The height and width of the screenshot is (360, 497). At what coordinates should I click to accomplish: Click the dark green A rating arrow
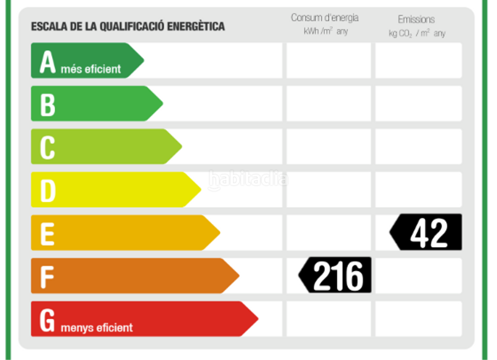coord(87,61)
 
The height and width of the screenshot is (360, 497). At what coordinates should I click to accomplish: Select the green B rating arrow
coord(96,104)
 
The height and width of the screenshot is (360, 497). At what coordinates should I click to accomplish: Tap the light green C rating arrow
coord(106,146)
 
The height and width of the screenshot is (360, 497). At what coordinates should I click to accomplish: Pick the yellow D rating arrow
coord(115,189)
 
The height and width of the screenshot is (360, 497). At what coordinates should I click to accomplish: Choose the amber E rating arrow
coord(124,233)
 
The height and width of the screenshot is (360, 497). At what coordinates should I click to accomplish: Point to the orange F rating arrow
coord(134,276)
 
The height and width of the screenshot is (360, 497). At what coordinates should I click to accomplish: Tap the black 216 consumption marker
coord(336,275)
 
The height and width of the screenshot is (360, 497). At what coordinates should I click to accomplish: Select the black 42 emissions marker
coord(427,232)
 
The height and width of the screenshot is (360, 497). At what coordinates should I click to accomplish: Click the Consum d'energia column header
coord(324,18)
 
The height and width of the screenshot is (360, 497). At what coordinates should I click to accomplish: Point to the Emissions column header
coord(416,19)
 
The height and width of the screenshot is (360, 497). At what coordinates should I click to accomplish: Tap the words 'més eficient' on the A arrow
coord(91,69)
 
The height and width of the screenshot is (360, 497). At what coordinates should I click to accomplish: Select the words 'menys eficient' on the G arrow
coord(96,327)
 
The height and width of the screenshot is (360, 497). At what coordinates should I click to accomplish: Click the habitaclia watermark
coord(248,179)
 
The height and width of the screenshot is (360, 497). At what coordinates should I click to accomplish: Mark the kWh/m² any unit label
coord(326,32)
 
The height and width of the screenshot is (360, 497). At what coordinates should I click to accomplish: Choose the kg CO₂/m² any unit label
coord(417,33)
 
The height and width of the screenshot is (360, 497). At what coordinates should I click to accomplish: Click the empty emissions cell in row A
coord(418,61)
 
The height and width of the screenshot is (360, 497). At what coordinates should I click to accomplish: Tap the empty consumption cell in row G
coord(328,318)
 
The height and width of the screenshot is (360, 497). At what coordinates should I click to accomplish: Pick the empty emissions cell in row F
coord(418,276)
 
